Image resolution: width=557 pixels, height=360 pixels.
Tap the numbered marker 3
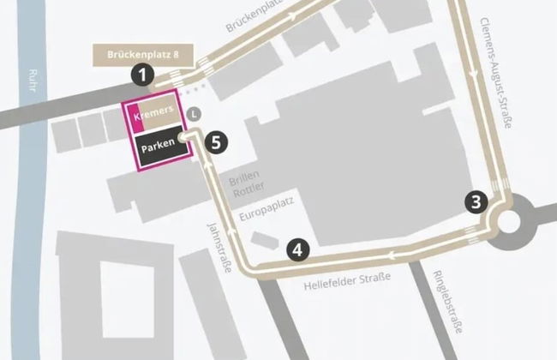477,201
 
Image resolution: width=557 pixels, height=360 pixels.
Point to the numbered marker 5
218,142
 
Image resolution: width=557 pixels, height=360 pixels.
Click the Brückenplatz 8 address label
143,54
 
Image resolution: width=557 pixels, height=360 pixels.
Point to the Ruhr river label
34,86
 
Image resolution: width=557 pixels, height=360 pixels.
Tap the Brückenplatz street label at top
254,17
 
